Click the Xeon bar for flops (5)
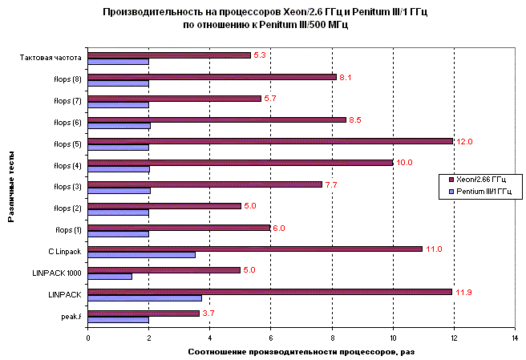point(270,141)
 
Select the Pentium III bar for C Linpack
point(141,255)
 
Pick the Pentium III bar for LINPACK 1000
point(110,277)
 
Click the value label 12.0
point(464,141)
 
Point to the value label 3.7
point(208,313)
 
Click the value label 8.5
point(357,119)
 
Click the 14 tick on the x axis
point(515,338)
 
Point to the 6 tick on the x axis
point(270,338)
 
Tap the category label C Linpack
point(64,252)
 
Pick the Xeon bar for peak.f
point(144,313)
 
